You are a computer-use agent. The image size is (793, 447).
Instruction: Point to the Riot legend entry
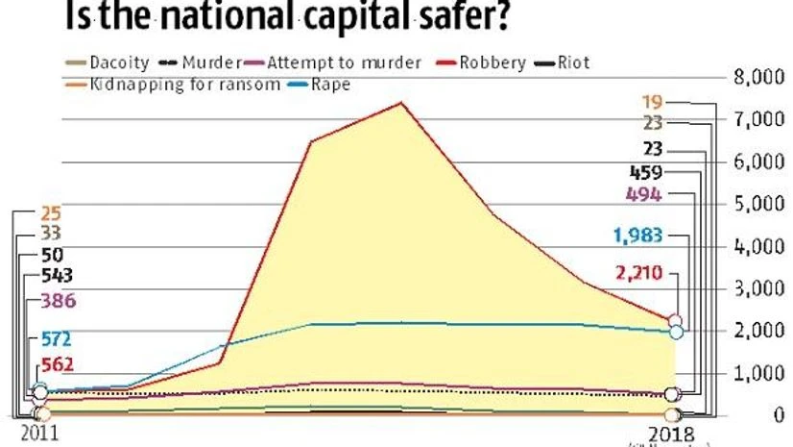coord(570,63)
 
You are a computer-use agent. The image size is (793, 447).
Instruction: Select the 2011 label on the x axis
coord(38,435)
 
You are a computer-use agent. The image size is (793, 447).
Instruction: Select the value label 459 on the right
coord(647,173)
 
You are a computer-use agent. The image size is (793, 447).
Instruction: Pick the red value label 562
coord(56,364)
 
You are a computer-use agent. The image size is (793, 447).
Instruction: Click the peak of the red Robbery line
coord(401,102)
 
